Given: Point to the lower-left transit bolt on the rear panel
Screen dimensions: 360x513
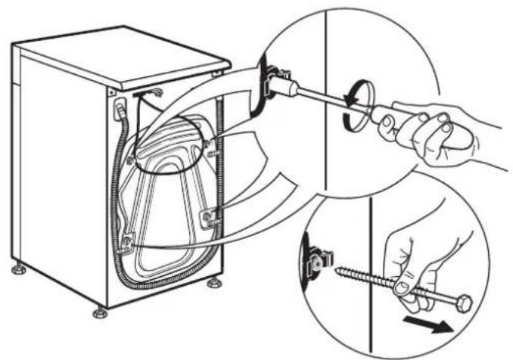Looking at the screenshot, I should point(129,243).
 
